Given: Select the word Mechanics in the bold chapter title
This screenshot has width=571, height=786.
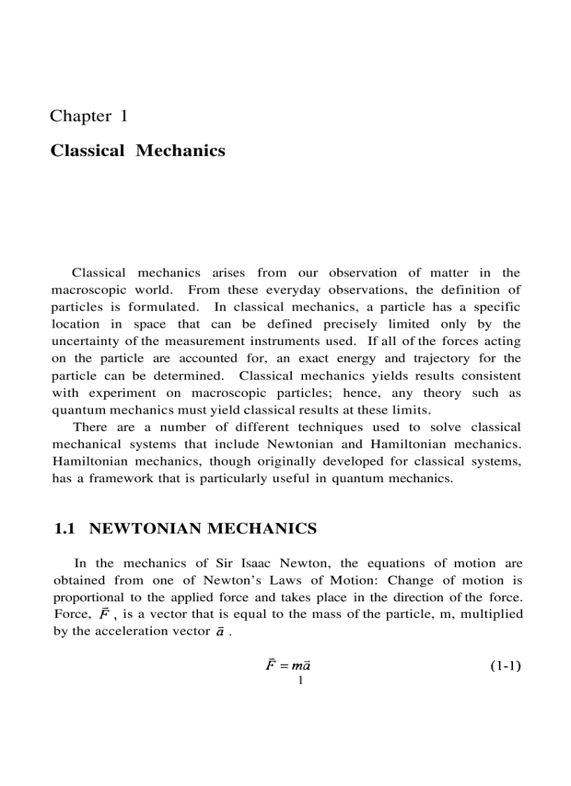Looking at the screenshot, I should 181,150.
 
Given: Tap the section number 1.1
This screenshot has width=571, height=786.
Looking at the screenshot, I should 64,529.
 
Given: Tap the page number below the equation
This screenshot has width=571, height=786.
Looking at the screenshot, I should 299,680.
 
